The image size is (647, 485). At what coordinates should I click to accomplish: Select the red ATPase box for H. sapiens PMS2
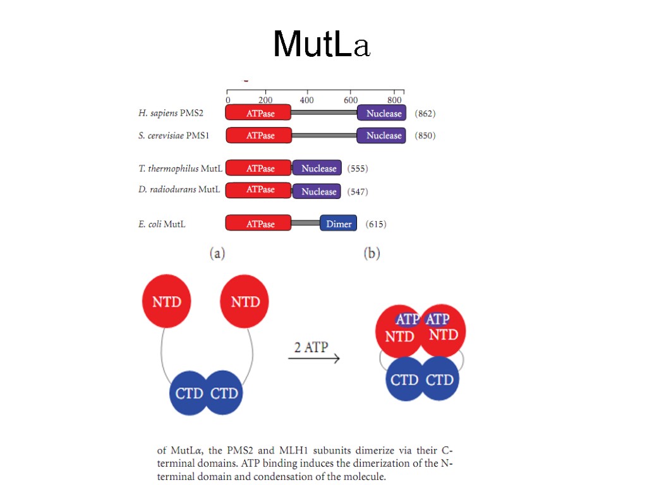pyautogui.click(x=258, y=113)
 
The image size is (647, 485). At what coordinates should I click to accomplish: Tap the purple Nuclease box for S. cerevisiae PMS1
pyautogui.click(x=381, y=135)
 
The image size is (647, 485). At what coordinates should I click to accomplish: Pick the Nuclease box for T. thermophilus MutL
pyautogui.click(x=317, y=168)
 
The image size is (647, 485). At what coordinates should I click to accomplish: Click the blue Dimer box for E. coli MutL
pyautogui.click(x=339, y=224)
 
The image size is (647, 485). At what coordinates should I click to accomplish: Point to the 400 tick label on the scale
pyautogui.click(x=306, y=100)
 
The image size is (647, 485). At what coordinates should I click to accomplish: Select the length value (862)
pyautogui.click(x=425, y=114)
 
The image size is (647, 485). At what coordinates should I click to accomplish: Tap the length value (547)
pyautogui.click(x=358, y=191)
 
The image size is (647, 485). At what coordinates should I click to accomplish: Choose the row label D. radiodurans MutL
pyautogui.click(x=179, y=189)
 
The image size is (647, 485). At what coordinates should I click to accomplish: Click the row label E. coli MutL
pyautogui.click(x=162, y=224)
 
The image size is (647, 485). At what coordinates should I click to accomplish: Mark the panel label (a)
pyautogui.click(x=217, y=254)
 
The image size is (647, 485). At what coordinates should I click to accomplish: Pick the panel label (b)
pyautogui.click(x=372, y=254)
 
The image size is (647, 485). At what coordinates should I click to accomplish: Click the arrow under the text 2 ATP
pyautogui.click(x=314, y=359)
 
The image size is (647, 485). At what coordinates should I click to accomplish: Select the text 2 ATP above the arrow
pyautogui.click(x=312, y=347)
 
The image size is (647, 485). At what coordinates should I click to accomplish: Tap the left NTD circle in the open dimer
pyautogui.click(x=167, y=302)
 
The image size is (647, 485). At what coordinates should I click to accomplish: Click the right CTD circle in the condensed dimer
pyautogui.click(x=440, y=380)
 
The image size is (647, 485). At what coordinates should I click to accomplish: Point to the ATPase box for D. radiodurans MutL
pyautogui.click(x=258, y=189)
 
